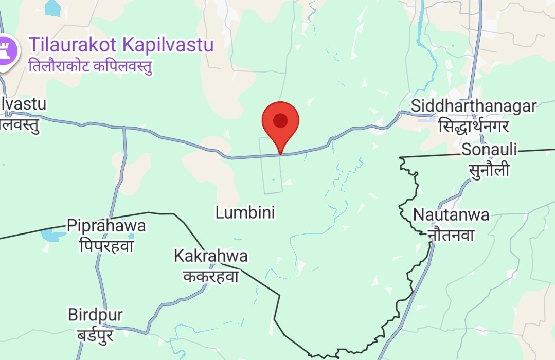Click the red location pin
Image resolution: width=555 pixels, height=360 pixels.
(x=280, y=123)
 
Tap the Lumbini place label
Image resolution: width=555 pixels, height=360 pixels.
(x=245, y=212)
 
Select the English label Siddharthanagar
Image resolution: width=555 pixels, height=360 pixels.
(x=473, y=106)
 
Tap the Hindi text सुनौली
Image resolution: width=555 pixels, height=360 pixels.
(x=489, y=169)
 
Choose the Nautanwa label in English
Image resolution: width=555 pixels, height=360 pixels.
(x=451, y=214)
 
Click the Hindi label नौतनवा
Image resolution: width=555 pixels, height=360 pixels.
(x=451, y=235)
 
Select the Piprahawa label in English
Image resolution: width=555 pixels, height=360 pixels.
(x=106, y=226)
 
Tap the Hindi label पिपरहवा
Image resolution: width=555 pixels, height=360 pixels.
(x=106, y=246)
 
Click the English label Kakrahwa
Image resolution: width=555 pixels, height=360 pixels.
(x=210, y=256)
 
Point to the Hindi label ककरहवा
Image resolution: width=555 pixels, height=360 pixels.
(x=211, y=276)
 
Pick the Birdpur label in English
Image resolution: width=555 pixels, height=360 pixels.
(x=95, y=315)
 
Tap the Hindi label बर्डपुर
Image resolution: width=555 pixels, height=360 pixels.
(x=95, y=335)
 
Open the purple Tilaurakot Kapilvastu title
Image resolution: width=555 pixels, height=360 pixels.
(x=121, y=45)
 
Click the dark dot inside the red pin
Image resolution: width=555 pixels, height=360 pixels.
(x=280, y=120)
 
